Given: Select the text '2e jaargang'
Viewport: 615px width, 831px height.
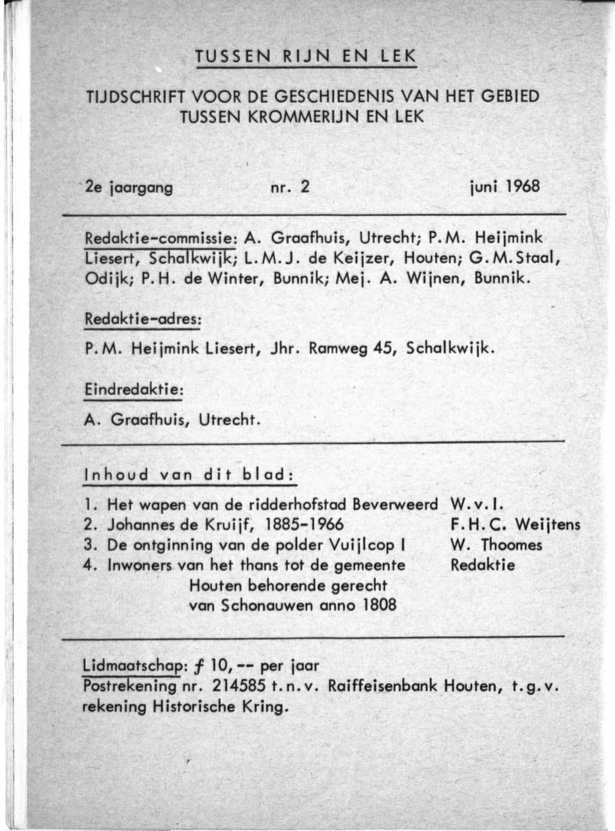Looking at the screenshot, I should [x=128, y=187].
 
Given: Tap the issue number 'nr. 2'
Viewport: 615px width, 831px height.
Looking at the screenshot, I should [x=287, y=187].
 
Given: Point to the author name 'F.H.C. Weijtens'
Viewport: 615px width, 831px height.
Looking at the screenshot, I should [x=515, y=524].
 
